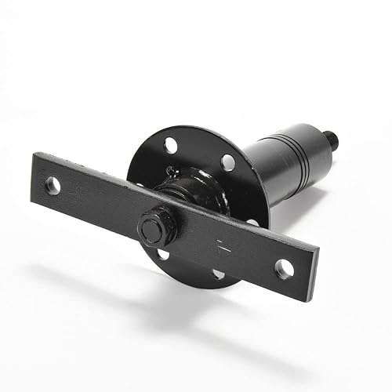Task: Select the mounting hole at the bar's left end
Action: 53,186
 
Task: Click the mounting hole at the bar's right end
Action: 284,268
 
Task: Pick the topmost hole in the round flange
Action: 171,145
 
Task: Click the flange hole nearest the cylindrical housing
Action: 227,162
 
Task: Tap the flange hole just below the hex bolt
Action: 162,254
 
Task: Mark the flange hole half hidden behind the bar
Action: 252,223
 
